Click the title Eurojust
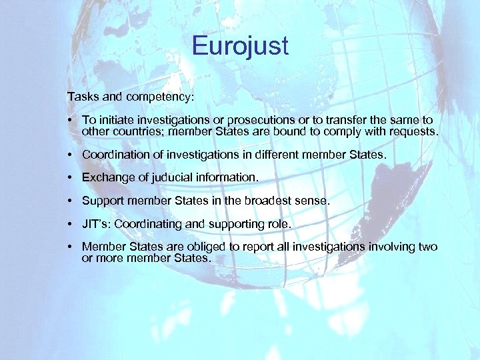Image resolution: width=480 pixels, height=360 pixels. tap(240, 47)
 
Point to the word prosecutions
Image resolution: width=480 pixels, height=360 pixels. tap(260, 120)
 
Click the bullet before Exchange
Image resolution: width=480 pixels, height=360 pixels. tap(70, 178)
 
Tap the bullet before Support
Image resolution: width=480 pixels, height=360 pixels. tap(70, 201)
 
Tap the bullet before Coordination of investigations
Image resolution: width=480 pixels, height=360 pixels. tap(70, 155)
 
